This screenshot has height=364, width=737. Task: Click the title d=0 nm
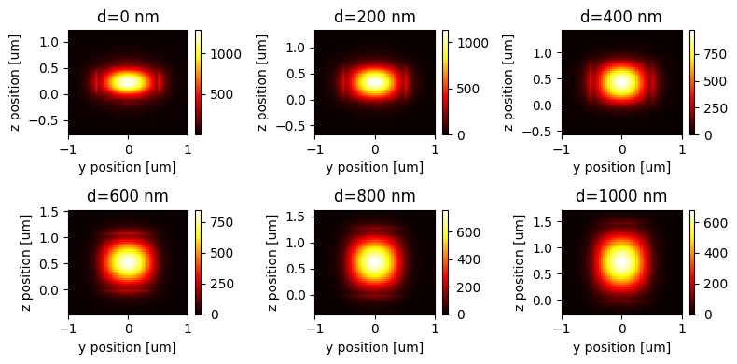(128, 17)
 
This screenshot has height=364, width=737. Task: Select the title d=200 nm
(374, 17)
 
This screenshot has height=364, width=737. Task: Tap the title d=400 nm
(621, 17)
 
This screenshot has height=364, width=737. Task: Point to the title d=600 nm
(128, 196)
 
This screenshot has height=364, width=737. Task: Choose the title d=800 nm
(374, 196)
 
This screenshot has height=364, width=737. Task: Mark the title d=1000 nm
(621, 196)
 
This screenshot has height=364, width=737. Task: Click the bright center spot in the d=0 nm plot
(128, 82)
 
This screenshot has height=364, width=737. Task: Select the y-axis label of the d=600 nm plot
(16, 262)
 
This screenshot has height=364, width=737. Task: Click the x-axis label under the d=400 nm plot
(621, 167)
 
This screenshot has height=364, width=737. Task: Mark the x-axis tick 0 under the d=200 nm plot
(374, 150)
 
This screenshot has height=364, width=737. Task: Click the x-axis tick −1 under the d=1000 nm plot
(562, 329)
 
